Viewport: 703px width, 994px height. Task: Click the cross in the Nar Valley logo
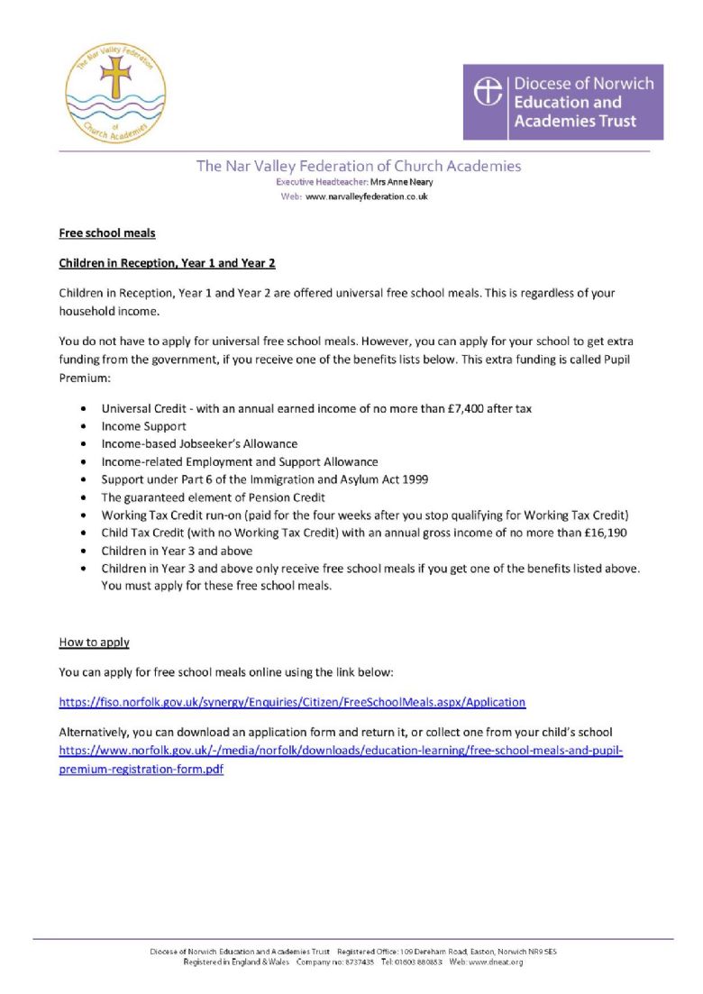pyautogui.click(x=115, y=78)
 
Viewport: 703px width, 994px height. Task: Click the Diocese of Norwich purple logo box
pyautogui.click(x=562, y=102)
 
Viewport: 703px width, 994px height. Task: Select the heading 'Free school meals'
pyautogui.click(x=107, y=233)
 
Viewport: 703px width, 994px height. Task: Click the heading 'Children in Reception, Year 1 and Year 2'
pyautogui.click(x=167, y=263)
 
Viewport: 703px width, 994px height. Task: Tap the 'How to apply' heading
pyautogui.click(x=94, y=643)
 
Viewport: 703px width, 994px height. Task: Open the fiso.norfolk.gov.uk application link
pyautogui.click(x=292, y=702)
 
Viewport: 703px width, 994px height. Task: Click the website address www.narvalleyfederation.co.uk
pyautogui.click(x=367, y=196)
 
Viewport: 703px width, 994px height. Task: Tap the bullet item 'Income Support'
pyautogui.click(x=143, y=426)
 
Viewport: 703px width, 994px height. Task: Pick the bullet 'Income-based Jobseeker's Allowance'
pyautogui.click(x=199, y=444)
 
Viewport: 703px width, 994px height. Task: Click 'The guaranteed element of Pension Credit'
pyautogui.click(x=213, y=497)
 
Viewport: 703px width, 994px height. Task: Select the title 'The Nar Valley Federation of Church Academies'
pyautogui.click(x=359, y=166)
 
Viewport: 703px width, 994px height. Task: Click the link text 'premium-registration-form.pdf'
pyautogui.click(x=141, y=770)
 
